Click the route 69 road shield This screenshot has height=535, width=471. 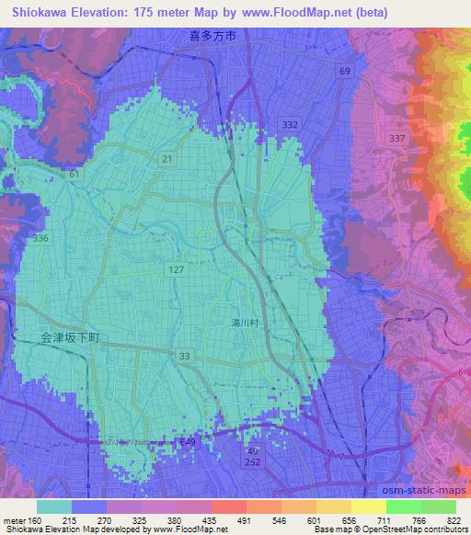point(344,71)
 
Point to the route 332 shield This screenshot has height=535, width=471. point(291,124)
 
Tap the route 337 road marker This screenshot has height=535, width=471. point(397,138)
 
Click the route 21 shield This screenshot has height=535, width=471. point(167,159)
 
